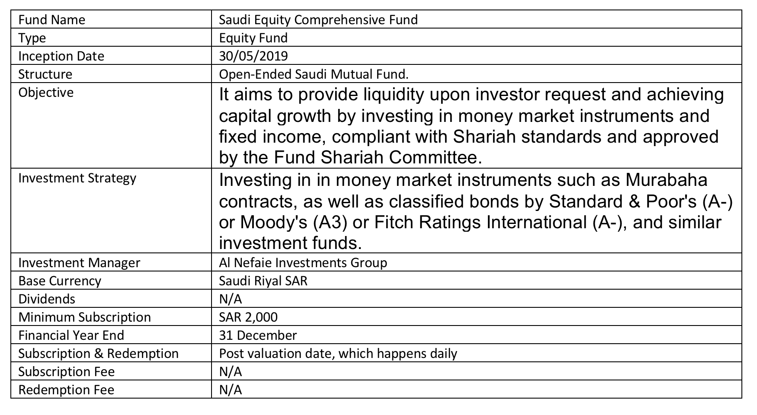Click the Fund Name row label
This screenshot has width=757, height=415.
pyautogui.click(x=51, y=20)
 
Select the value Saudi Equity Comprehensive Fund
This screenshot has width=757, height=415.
pyautogui.click(x=318, y=20)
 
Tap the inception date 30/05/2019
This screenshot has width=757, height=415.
pyautogui.click(x=253, y=56)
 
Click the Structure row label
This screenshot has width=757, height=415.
pyautogui.click(x=45, y=74)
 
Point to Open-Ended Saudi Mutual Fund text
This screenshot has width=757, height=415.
pyautogui.click(x=314, y=74)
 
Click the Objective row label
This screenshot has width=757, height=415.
pyautogui.click(x=46, y=93)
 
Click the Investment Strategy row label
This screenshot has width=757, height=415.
pyautogui.click(x=77, y=178)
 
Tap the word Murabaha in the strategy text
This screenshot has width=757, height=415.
pyautogui.click(x=666, y=180)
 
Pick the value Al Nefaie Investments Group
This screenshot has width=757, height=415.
pyautogui.click(x=303, y=263)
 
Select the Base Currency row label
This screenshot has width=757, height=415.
pyautogui.click(x=60, y=281)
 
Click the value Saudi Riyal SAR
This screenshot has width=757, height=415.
pyautogui.click(x=263, y=281)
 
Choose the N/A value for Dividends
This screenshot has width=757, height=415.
pyautogui.click(x=231, y=299)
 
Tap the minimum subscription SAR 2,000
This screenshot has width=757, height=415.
pyautogui.click(x=248, y=317)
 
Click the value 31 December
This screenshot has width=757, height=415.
pyautogui.click(x=258, y=335)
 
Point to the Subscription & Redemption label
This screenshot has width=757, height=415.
pyautogui.click(x=98, y=354)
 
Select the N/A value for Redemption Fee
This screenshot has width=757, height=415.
pyautogui.click(x=231, y=390)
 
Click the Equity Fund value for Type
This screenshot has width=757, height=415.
pyautogui.click(x=253, y=38)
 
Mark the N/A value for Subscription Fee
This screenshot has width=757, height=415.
pyautogui.click(x=231, y=372)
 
